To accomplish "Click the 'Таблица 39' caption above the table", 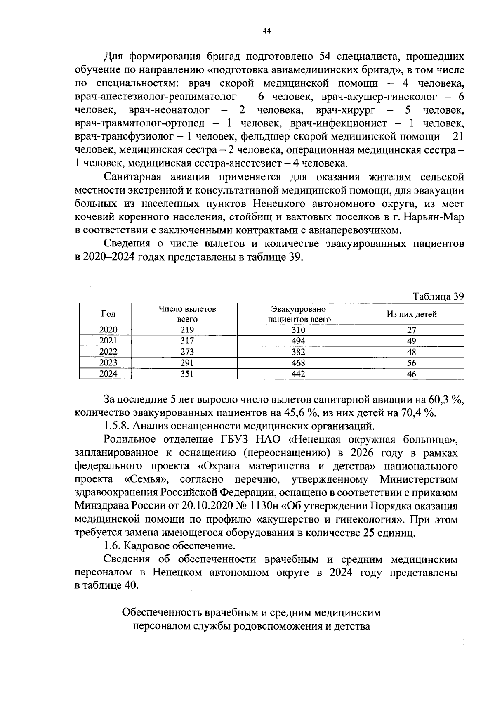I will tap(438, 297).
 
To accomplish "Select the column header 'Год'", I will tap(108, 314).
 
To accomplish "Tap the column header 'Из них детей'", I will tap(411, 314).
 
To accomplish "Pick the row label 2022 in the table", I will tap(108, 352).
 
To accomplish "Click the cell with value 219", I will tap(187, 330).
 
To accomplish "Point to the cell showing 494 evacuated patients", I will tap(298, 341).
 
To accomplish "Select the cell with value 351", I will tap(187, 374).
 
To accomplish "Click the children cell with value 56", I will tap(411, 363).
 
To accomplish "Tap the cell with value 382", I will tap(298, 352).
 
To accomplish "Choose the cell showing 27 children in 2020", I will tap(411, 330).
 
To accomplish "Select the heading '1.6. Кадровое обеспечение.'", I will tap(170, 546).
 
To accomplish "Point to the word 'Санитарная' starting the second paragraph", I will tap(133, 177).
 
